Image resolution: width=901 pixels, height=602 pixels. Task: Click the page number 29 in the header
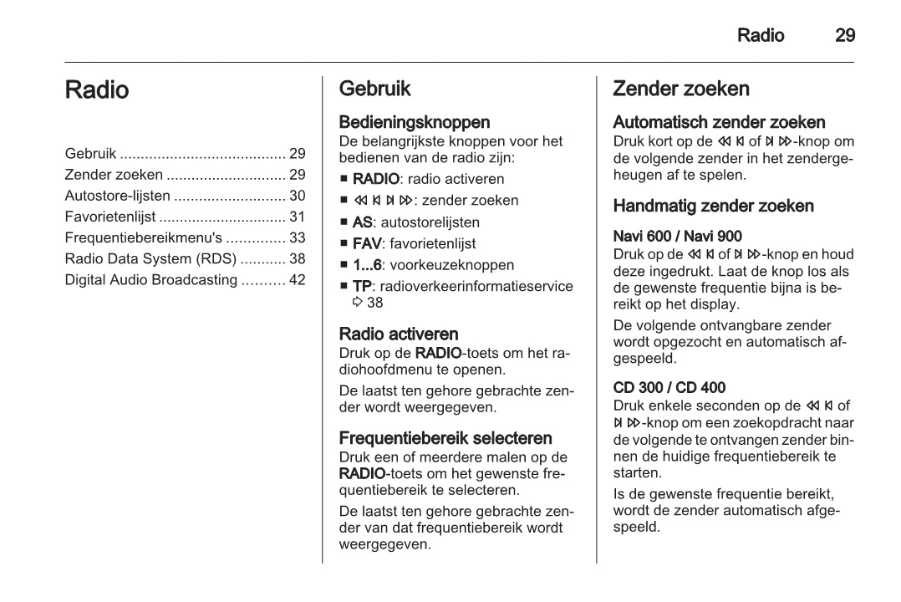pos(844,35)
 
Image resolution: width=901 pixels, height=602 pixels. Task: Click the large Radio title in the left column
pos(97,90)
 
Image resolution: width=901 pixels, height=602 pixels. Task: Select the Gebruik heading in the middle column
pos(375,89)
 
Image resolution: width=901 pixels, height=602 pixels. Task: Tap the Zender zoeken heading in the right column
pos(681,89)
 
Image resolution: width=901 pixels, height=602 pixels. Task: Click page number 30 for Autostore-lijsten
pos(297,196)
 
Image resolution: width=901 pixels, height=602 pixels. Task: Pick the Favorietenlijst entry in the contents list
pos(110,217)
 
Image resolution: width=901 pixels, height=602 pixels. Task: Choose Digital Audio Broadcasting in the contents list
pos(150,279)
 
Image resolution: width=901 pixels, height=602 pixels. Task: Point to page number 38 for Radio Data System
pos(297,258)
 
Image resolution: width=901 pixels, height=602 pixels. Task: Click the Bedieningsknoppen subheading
pos(415,123)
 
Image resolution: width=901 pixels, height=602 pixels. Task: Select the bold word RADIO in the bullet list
pos(376,179)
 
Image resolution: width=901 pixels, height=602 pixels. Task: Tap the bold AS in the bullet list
pos(363,222)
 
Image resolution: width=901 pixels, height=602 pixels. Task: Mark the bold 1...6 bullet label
pos(367,265)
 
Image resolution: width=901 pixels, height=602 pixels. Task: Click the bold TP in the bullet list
pos(362,286)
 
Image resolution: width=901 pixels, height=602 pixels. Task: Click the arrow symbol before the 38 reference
pos(358,303)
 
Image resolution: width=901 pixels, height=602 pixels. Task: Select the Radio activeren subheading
pos(399,334)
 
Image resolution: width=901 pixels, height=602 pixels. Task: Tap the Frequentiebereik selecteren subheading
pos(445,438)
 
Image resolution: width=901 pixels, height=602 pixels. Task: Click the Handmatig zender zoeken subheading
pos(713,206)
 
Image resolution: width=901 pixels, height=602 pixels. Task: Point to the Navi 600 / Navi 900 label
pos(677,237)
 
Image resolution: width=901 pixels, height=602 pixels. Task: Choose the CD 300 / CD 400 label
pos(669,388)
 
